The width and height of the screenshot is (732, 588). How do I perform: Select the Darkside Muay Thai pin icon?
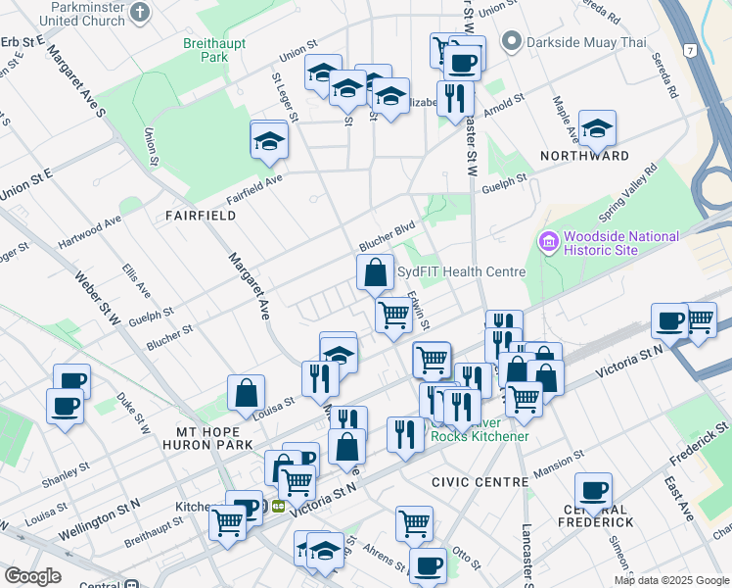pos(510,42)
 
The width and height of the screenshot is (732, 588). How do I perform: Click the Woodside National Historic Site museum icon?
pos(546,240)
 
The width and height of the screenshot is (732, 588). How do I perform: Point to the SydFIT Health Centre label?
pos(462,271)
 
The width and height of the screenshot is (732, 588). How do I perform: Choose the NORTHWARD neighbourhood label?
pos(583,156)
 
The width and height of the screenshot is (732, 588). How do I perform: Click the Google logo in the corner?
pos(32,576)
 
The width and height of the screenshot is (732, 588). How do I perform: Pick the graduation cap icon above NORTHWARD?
pos(597,129)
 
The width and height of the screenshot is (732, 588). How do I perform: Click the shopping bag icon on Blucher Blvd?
pos(375,272)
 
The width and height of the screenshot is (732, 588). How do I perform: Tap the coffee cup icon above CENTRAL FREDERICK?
pos(593,490)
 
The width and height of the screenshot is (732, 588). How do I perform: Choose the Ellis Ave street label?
pos(136,278)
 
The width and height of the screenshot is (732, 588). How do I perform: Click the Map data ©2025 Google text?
pos(671,580)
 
